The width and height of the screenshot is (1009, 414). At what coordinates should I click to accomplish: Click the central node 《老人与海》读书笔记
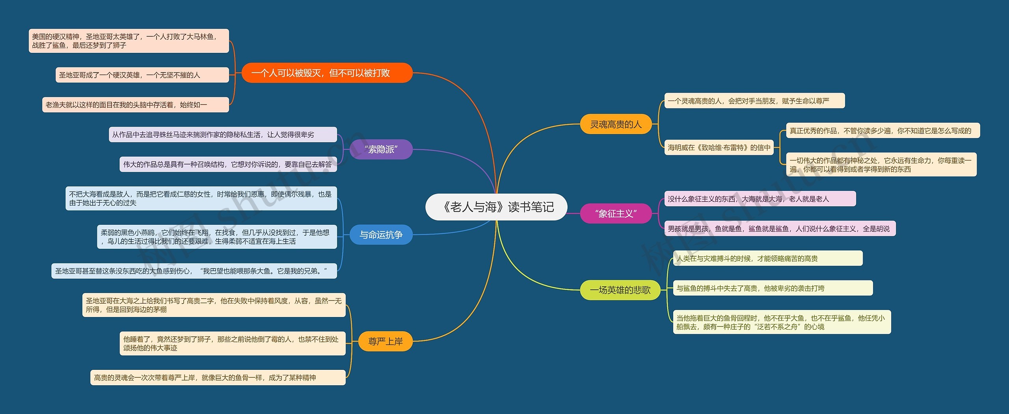(496, 207)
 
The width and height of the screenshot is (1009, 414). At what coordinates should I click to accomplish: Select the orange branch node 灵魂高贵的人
(616, 124)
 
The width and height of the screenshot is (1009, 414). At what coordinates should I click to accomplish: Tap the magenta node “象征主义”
(616, 213)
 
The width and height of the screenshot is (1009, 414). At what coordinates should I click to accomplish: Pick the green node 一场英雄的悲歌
(620, 290)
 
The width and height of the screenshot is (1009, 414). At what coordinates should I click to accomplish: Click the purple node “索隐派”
(381, 149)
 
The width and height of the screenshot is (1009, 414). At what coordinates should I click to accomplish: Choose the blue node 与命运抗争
(381, 235)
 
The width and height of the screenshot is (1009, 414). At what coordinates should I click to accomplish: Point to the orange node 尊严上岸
(385, 341)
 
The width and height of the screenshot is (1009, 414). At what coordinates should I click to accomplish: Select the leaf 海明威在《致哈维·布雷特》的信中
(719, 147)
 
